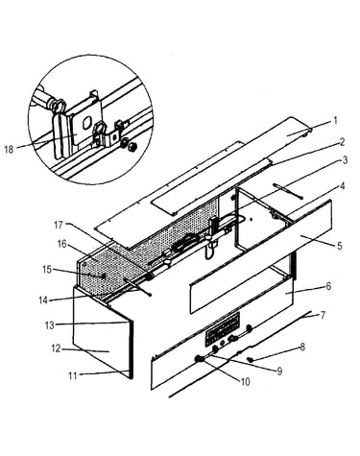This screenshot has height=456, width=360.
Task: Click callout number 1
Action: coord(335,121)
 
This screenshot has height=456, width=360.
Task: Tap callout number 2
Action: coord(342,142)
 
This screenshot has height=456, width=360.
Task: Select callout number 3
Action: coord(345,160)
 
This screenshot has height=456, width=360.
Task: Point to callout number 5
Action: coord(339,246)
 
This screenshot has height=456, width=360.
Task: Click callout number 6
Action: coord(328,286)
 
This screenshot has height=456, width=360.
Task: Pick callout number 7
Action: coord(323,315)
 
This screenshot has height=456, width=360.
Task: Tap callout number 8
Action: coord(301,348)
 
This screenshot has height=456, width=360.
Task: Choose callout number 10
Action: coord(245,382)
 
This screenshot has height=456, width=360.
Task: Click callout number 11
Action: coord(73,375)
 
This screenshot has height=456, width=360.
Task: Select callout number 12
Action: coord(56,348)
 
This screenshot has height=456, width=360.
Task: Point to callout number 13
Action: coord(50,325)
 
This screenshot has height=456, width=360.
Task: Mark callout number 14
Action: coord(43,300)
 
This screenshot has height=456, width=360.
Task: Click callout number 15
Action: coord(47,270)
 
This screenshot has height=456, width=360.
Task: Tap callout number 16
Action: coord(61,244)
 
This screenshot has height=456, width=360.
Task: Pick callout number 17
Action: coord(59,226)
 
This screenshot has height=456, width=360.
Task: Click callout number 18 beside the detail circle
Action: coord(9,149)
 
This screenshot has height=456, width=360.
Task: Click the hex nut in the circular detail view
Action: coord(132,148)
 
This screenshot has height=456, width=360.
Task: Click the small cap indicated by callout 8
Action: coord(251,360)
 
